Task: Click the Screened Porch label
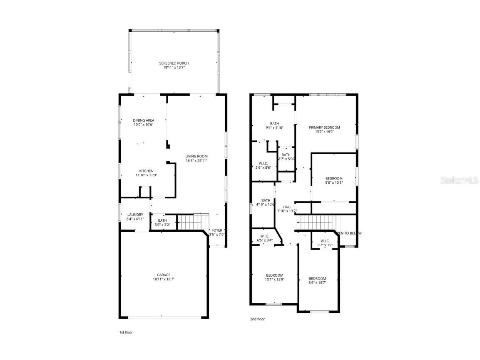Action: click(174, 63)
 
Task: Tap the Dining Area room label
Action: click(144, 120)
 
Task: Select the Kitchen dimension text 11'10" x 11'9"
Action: click(146, 175)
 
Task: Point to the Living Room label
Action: click(196, 157)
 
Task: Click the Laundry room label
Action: click(135, 215)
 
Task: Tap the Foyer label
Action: click(217, 230)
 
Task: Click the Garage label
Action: click(164, 275)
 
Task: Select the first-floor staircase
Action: click(193, 222)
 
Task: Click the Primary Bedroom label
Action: click(324, 127)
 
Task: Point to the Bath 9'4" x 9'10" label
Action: click(274, 124)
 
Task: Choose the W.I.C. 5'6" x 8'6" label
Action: click(263, 163)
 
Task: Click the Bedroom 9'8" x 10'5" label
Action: click(334, 179)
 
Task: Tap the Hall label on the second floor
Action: click(287, 207)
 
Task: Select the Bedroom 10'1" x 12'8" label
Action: click(275, 275)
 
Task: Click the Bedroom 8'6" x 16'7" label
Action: click(317, 278)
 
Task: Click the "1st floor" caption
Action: click(126, 332)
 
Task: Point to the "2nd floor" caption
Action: click(257, 319)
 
